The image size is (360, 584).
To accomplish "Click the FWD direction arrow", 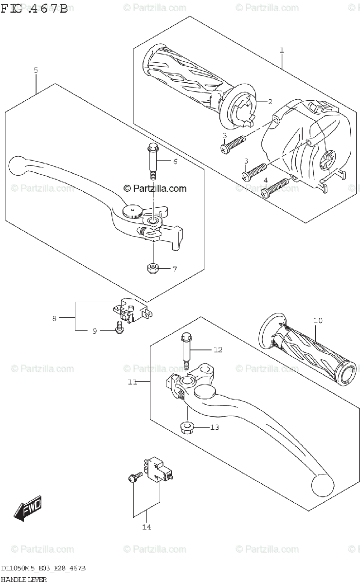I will point(28,509).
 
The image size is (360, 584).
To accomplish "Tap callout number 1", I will point(282,50).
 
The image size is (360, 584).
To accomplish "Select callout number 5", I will point(36,70).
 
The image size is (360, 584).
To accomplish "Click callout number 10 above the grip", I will point(318,320).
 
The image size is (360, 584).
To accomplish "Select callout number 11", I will point(132,382).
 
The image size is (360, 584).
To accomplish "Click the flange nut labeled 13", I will point(187,428).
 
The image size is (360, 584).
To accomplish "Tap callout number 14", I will point(146,527).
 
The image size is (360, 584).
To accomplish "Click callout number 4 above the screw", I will point(266,180).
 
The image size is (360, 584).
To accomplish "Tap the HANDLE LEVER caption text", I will point(24,579).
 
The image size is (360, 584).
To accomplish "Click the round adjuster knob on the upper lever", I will point(132,211).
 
